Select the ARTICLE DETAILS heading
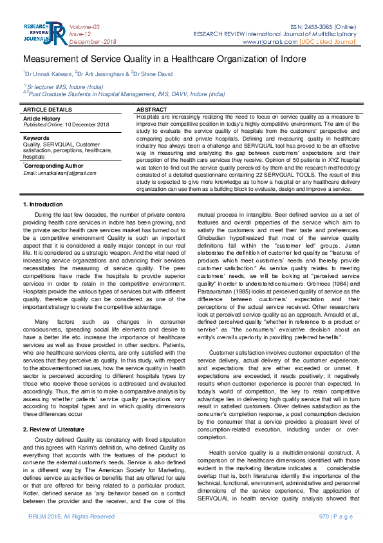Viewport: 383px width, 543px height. [48, 110]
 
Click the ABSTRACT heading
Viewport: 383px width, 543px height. [152, 110]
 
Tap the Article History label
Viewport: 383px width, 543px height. [42, 118]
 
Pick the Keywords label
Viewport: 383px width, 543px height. [37, 138]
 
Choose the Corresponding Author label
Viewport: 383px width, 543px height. [53, 166]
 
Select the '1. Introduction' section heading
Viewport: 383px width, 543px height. [43, 204]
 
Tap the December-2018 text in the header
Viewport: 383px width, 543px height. [91, 43]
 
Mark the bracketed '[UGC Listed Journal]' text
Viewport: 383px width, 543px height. [327, 43]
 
